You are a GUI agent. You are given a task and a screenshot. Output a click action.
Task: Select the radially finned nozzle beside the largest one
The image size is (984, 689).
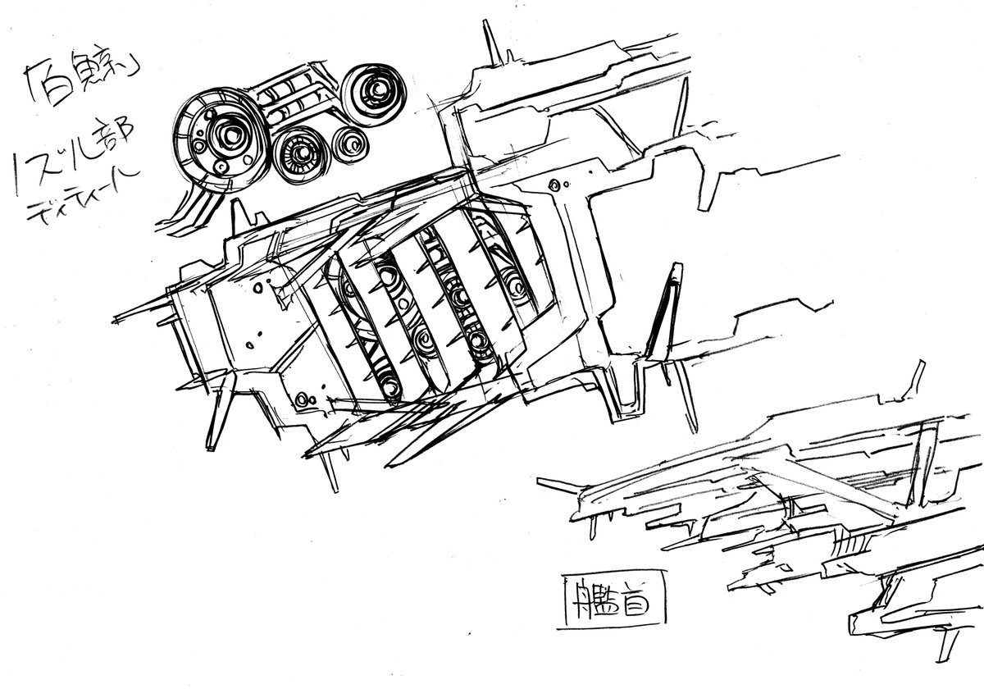tap(298, 153)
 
